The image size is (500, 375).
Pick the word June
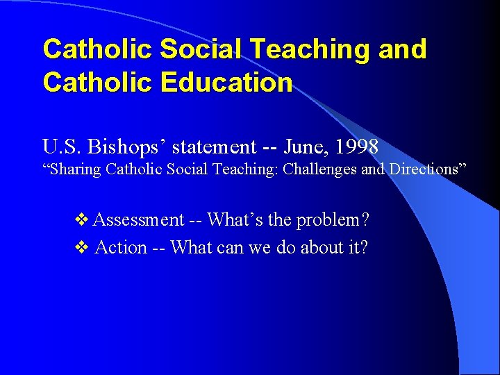304,147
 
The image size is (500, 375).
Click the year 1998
356,147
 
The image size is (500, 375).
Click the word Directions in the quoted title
425,169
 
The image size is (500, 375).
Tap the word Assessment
138,220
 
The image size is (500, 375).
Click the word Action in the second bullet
121,248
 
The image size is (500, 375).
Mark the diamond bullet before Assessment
81,221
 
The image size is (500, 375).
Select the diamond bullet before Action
81,248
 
